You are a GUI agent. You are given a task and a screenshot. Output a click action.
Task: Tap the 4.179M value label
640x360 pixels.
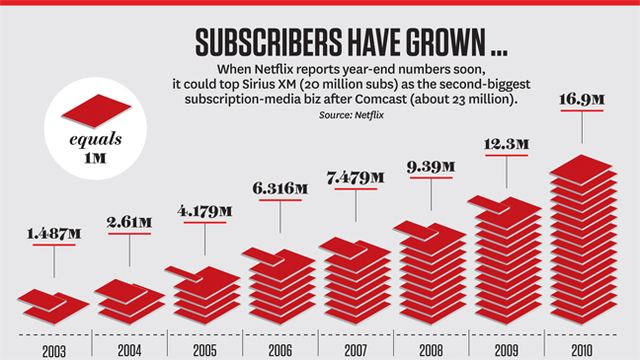click(205, 211)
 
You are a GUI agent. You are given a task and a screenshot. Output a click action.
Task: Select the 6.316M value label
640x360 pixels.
click(281, 188)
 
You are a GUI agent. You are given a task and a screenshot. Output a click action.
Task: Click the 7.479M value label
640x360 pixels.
click(356, 178)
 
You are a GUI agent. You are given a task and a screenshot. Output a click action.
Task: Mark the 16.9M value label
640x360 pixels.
click(584, 102)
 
